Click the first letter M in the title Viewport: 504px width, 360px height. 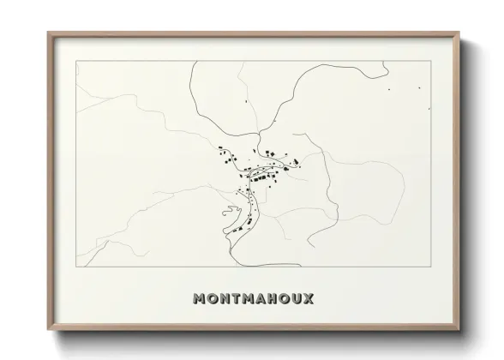click(x=201, y=300)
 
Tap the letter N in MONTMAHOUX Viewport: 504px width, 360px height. click(x=226, y=300)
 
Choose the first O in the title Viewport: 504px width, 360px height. click(x=214, y=300)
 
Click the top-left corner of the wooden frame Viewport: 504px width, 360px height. click(x=48, y=33)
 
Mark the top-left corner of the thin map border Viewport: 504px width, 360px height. click(x=76, y=63)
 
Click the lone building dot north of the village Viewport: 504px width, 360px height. click(x=245, y=103)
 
